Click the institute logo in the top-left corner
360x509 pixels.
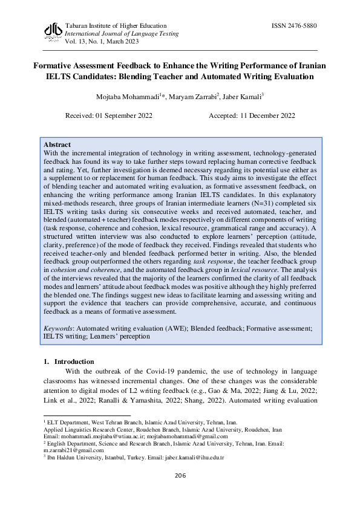(x=53, y=31)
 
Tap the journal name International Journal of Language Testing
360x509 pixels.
(x=122, y=34)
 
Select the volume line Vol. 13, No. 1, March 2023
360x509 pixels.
(x=102, y=42)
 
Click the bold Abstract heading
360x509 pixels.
(x=57, y=145)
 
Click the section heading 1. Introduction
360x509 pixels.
(x=68, y=361)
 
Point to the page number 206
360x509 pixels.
(x=180, y=476)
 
